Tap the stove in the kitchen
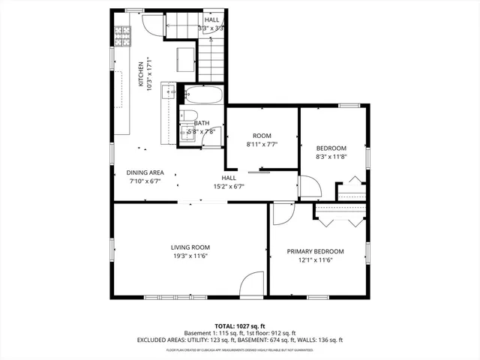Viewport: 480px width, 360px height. coord(121,34)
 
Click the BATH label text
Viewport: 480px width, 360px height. coord(202,123)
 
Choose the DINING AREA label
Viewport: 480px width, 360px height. coord(145,172)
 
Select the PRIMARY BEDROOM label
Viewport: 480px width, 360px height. coord(315,251)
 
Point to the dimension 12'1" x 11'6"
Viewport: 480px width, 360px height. coord(315,260)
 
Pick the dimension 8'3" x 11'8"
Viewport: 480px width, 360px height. coord(331,157)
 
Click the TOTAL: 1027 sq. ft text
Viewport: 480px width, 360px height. coord(240,326)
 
